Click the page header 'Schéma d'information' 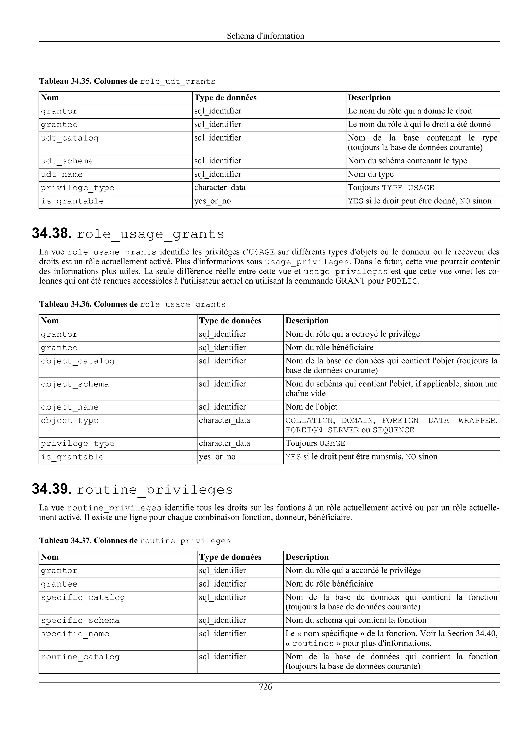tap(265, 36)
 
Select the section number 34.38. tap(52, 233)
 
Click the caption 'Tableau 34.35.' tap(65, 81)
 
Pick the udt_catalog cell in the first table tap(70, 138)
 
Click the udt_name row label tap(62, 174)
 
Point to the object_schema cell tap(75, 384)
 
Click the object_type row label tap(70, 421)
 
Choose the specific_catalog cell tap(83, 597)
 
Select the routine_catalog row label tap(80, 657)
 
